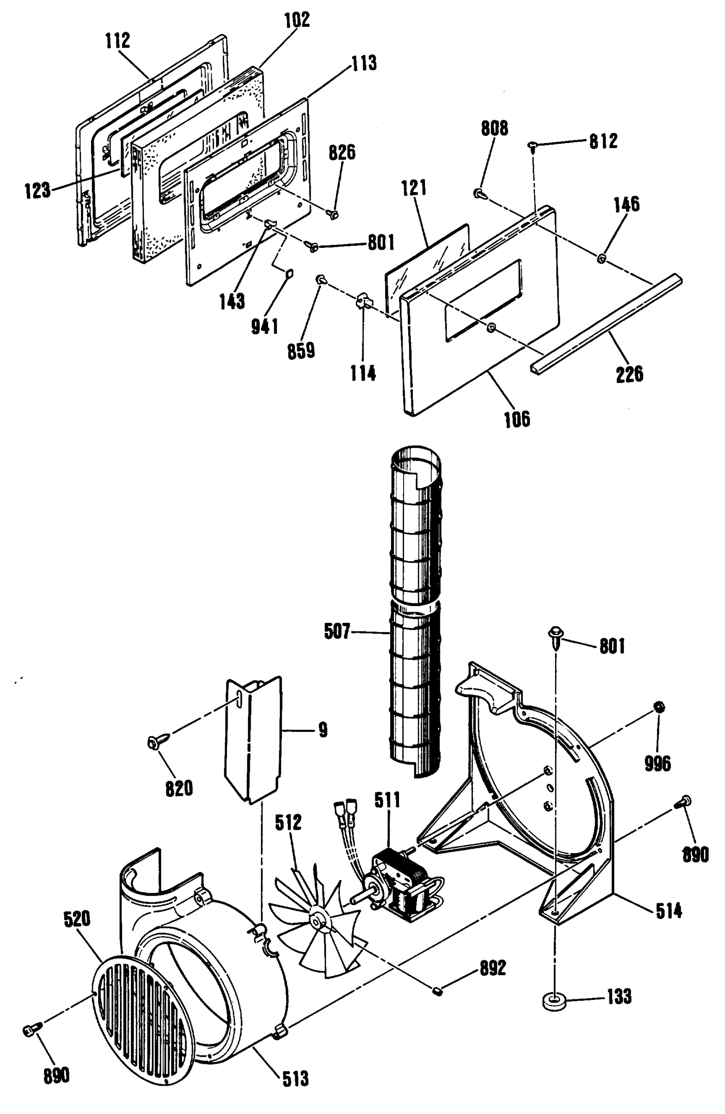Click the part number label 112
click(117, 41)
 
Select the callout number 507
click(337, 631)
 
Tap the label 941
click(265, 326)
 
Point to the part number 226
click(629, 374)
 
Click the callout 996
click(658, 764)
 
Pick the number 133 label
click(619, 997)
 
